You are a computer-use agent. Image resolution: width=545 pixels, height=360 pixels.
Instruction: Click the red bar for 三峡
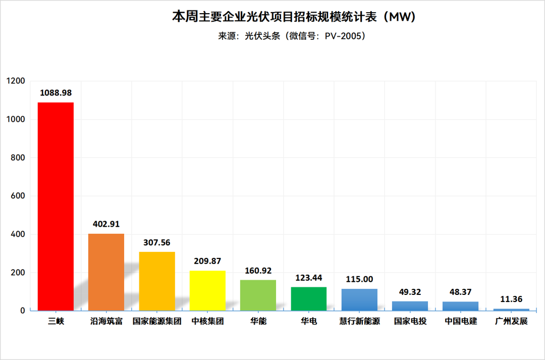coord(56,207)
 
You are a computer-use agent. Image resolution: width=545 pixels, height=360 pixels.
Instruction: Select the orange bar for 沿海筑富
coord(106,272)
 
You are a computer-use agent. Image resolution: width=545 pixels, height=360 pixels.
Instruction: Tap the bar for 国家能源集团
coord(157,281)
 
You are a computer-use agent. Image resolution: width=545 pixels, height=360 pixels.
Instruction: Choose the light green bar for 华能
coord(258,295)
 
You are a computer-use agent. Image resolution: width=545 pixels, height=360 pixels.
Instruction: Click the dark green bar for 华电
coord(309,299)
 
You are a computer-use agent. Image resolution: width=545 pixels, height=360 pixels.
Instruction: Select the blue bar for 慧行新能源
coord(359,300)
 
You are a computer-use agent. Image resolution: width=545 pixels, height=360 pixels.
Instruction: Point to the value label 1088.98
coord(56,93)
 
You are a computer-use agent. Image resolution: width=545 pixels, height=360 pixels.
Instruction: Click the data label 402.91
coord(106,224)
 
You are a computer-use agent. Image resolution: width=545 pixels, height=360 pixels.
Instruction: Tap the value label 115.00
coord(359,279)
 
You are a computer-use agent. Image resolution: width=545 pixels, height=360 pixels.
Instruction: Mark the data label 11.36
coord(511,299)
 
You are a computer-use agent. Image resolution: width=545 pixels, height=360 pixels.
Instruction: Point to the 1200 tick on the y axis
coord(16,81)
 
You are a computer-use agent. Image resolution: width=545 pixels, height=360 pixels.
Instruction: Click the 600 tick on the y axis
coord(19,196)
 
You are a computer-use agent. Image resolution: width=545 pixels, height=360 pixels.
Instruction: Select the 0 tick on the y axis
coord(23,311)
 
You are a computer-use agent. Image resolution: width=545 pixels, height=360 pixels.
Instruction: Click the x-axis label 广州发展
coord(511,321)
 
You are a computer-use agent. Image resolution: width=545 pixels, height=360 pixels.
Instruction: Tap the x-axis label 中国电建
coord(460,321)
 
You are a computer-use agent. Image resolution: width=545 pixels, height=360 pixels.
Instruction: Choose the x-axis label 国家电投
coord(410,321)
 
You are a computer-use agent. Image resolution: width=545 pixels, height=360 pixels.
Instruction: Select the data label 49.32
coord(410,292)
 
